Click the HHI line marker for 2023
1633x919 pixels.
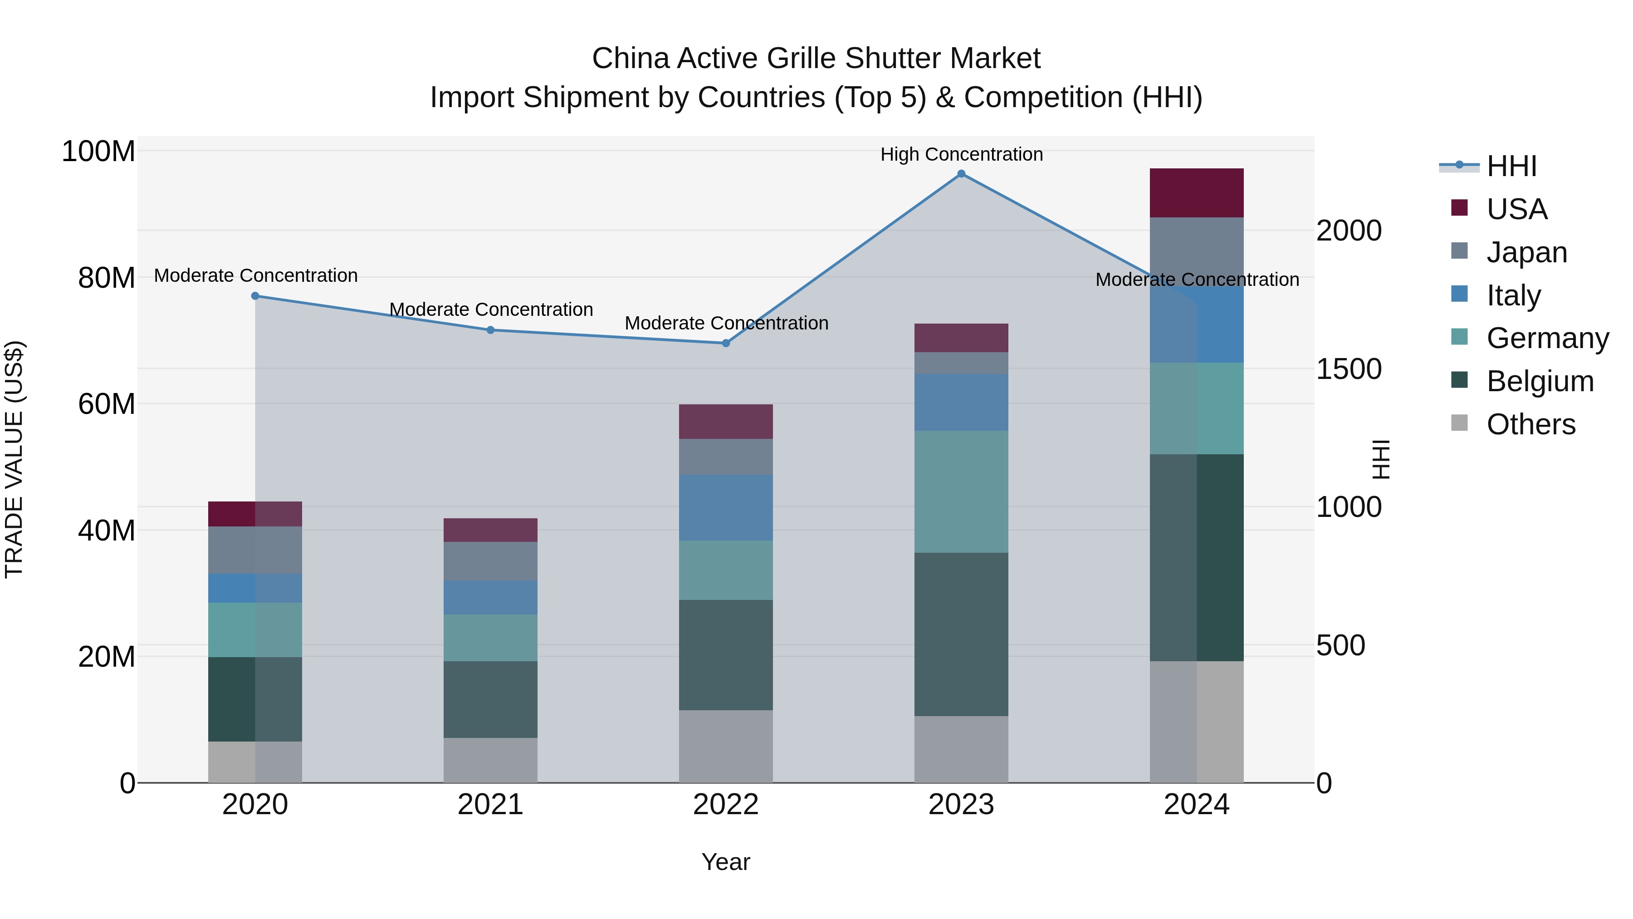pos(961,174)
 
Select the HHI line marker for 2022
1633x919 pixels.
pos(726,343)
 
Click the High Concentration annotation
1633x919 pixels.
pos(961,154)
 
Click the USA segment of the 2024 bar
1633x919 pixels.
pos(1196,193)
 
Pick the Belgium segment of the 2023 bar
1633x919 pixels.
pos(961,634)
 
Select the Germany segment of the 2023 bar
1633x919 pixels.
pos(961,491)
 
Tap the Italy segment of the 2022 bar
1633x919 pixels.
pos(726,507)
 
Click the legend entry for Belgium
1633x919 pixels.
pos(1539,381)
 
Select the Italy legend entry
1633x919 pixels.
pos(1513,295)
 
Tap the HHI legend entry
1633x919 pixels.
pos(1511,166)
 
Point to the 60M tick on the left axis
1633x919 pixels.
pos(107,404)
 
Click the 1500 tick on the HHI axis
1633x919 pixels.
pos(1349,369)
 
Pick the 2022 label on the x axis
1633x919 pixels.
pos(726,805)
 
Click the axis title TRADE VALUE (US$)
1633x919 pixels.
pos(14,459)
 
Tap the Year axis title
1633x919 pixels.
pos(726,862)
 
